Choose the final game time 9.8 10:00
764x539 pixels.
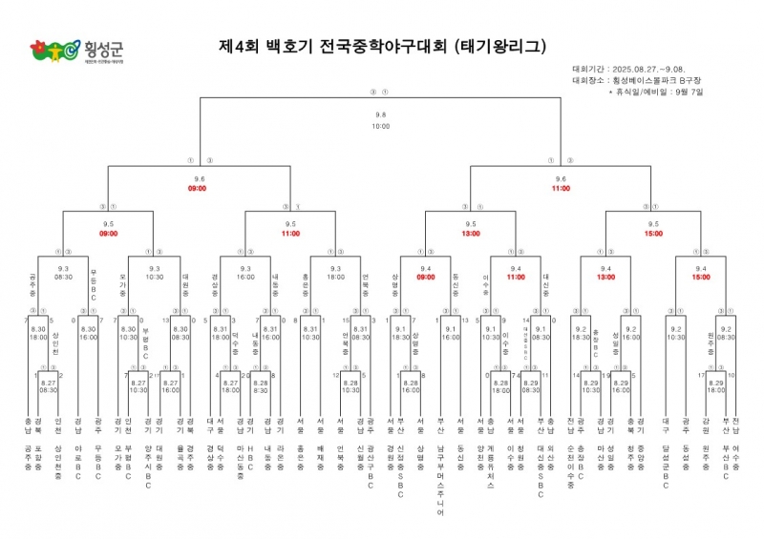(x=381, y=120)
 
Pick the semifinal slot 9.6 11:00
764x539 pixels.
(x=561, y=184)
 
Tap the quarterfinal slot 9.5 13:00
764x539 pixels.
(x=471, y=229)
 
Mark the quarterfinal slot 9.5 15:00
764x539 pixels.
(x=651, y=229)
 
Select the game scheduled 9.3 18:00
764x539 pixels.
(x=335, y=274)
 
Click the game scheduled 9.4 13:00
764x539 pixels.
(x=605, y=274)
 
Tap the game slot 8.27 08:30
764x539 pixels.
(x=49, y=386)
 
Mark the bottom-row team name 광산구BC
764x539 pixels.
(x=371, y=459)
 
